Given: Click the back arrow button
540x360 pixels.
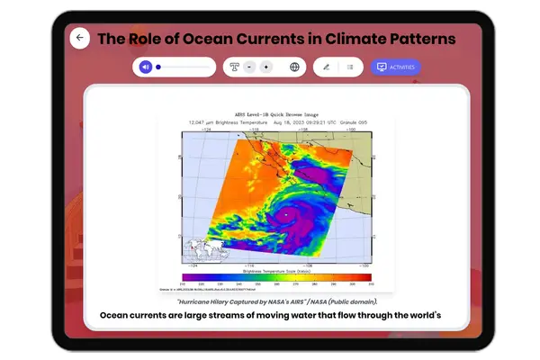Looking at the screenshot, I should [80, 38].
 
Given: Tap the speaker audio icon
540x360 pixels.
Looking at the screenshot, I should [146, 67].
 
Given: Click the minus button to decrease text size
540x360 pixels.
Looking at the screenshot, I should [249, 67].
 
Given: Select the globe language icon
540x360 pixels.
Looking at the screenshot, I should [294, 67].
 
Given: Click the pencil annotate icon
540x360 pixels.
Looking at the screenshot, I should [326, 67].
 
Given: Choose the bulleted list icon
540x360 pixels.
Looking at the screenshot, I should [350, 67].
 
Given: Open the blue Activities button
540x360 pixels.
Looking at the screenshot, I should [396, 67].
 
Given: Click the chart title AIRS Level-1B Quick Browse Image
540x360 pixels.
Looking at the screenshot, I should [275, 115].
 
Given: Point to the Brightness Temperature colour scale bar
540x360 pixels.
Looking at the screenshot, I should [276, 277].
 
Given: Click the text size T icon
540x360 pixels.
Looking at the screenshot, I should [234, 67].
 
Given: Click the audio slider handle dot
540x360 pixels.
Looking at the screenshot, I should [158, 67].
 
